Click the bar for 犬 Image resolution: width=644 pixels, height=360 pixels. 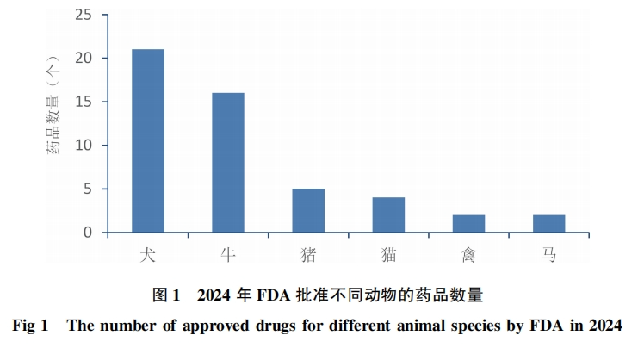point(148,141)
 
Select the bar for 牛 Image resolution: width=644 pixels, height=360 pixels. point(228,163)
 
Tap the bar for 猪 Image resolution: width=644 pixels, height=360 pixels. point(308,211)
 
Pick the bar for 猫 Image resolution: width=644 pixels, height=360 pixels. point(388,215)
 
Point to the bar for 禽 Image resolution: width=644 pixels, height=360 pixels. point(468,224)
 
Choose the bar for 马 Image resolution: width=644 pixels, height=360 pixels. point(548,224)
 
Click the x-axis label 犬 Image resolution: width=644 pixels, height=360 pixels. point(148,255)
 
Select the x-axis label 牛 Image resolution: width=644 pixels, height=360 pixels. point(228,255)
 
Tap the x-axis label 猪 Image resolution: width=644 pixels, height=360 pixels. point(308,255)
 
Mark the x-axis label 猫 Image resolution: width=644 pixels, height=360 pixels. point(388,255)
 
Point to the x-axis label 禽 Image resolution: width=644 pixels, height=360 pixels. point(468,255)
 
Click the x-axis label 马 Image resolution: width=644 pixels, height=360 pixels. point(548,255)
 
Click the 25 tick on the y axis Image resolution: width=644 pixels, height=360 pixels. point(84,15)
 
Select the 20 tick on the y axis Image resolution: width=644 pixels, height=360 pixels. point(84,59)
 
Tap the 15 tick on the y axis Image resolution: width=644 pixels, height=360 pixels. point(84,102)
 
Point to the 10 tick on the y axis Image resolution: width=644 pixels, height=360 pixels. point(84,146)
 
